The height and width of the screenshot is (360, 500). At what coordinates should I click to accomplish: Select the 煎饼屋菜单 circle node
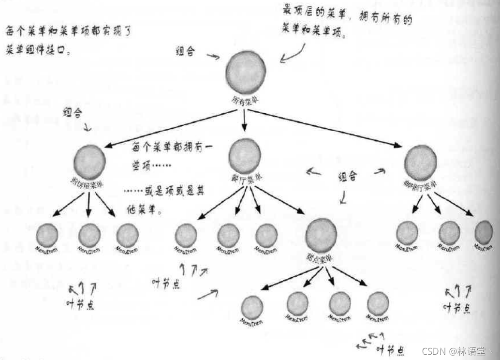[89, 162]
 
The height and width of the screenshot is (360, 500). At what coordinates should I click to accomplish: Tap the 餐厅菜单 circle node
[245, 156]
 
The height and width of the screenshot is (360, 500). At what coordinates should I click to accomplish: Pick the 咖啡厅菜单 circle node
[420, 163]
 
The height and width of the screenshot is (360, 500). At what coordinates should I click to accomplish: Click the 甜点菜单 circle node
[321, 235]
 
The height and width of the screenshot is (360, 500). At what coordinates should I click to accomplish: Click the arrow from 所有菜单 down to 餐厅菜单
[244, 121]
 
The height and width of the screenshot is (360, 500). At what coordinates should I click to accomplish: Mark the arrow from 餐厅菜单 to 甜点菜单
[281, 201]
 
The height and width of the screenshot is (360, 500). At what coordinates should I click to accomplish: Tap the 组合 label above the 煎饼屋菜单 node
[72, 112]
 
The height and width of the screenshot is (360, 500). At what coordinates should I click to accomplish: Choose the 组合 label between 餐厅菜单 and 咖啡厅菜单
[347, 177]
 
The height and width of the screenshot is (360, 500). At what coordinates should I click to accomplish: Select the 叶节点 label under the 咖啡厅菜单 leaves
[457, 307]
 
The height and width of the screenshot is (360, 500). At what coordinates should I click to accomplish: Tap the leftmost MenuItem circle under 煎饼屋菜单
[47, 236]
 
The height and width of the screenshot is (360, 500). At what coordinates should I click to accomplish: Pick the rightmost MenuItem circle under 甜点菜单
[378, 303]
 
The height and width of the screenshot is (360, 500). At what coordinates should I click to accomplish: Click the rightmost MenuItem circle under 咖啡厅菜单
[484, 232]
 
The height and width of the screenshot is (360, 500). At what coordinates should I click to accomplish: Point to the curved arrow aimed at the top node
[293, 54]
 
